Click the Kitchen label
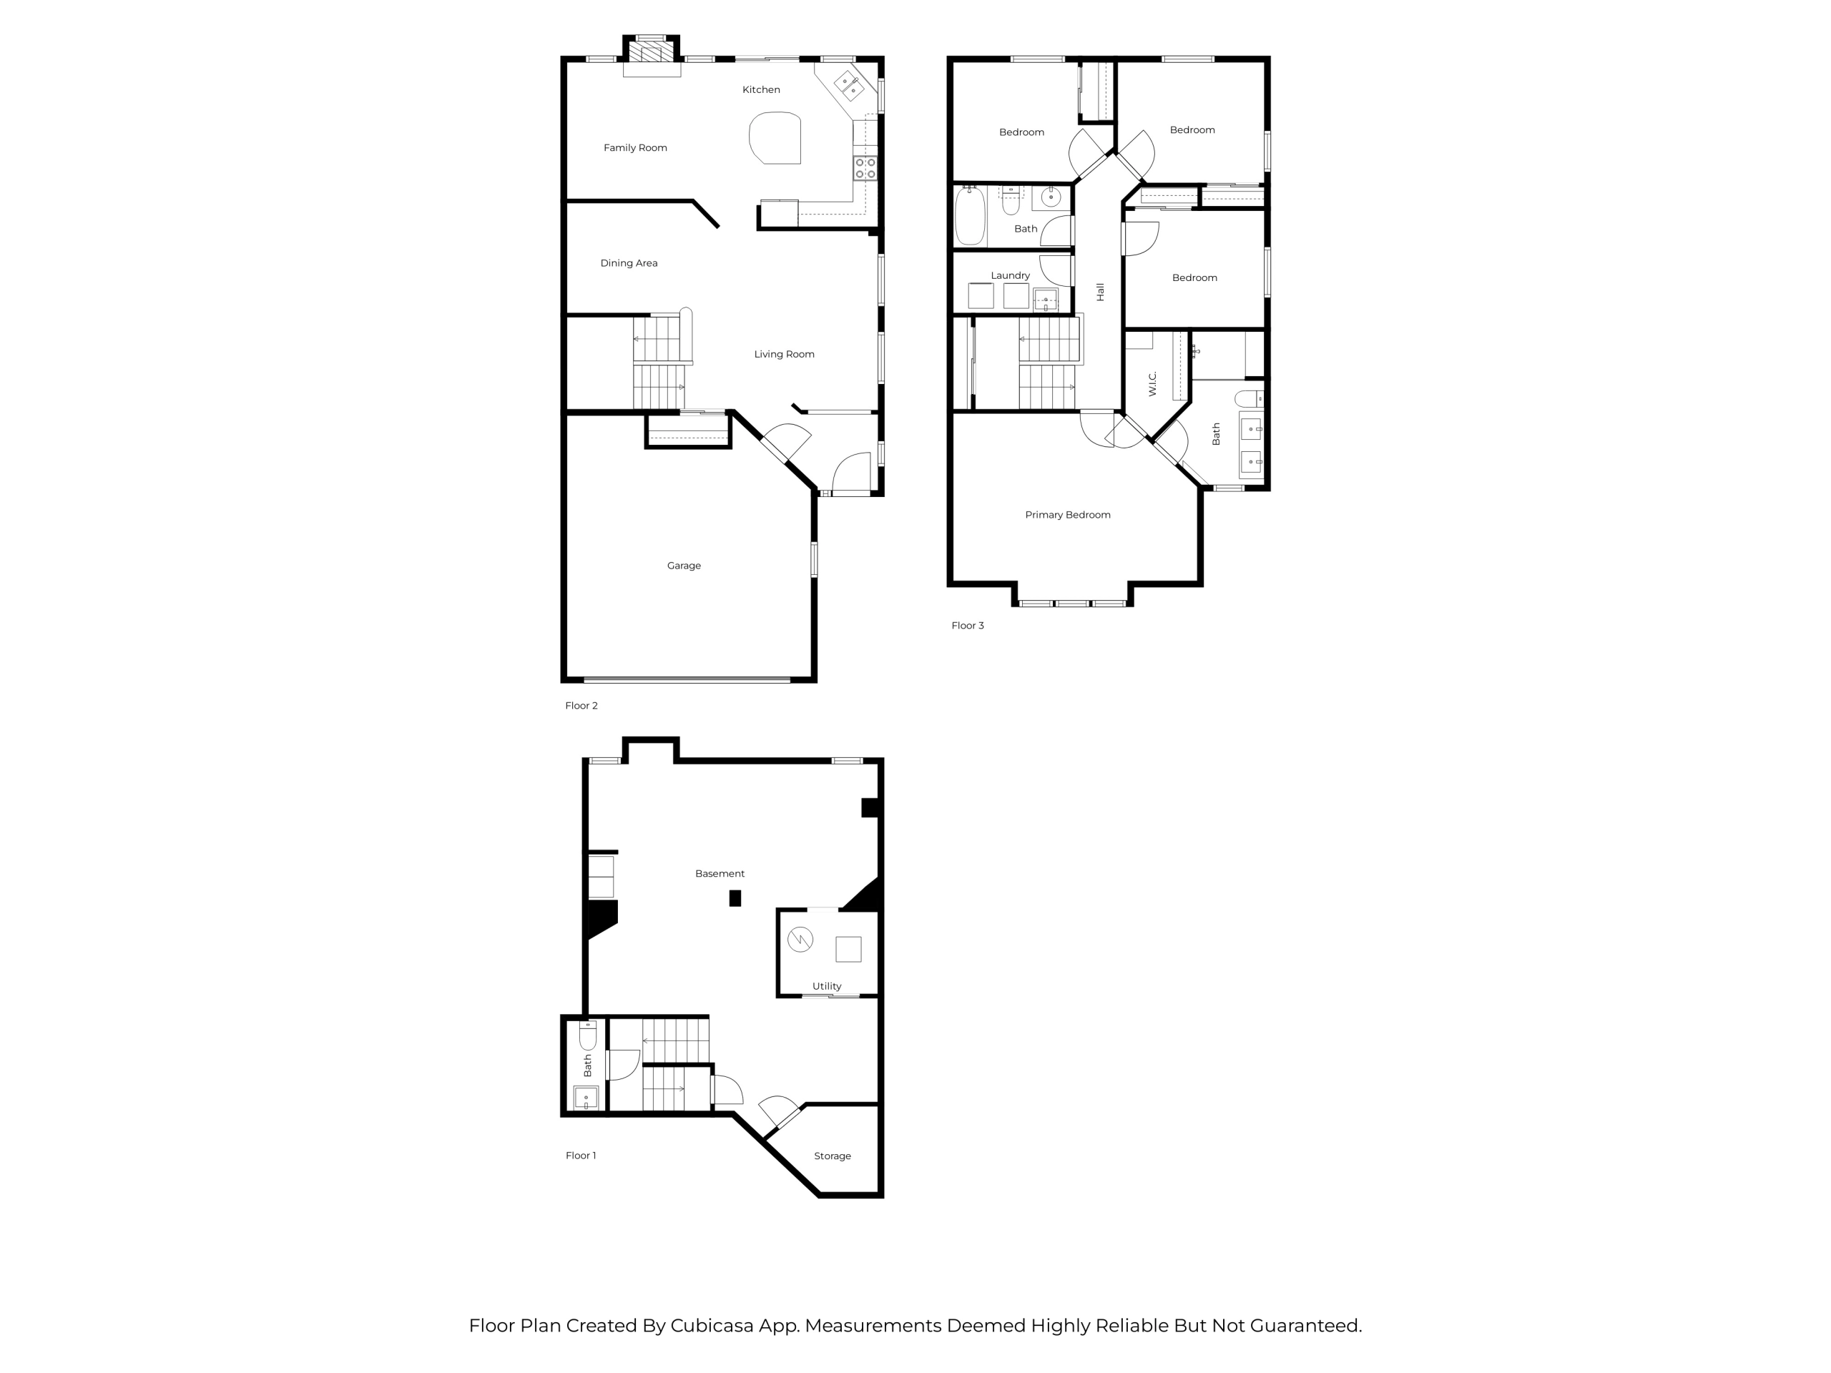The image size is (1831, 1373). click(x=761, y=89)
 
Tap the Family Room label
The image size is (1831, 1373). click(x=635, y=148)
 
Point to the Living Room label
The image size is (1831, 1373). click(x=784, y=354)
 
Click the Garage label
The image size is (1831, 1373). click(x=684, y=566)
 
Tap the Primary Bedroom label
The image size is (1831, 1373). click(x=1068, y=515)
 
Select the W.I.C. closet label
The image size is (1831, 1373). click(x=1152, y=383)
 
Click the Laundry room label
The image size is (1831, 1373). click(x=1010, y=275)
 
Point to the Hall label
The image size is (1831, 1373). click(x=1100, y=291)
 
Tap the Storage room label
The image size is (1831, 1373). click(x=832, y=1156)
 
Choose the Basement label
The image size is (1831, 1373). click(x=720, y=874)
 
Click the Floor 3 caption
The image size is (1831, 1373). click(x=968, y=626)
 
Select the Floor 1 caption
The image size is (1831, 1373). click(x=580, y=1156)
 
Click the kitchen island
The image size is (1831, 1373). click(x=775, y=138)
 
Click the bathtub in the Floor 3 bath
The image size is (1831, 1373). click(x=969, y=217)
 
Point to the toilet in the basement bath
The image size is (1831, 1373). click(x=588, y=1035)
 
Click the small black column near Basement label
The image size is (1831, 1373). click(x=735, y=898)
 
